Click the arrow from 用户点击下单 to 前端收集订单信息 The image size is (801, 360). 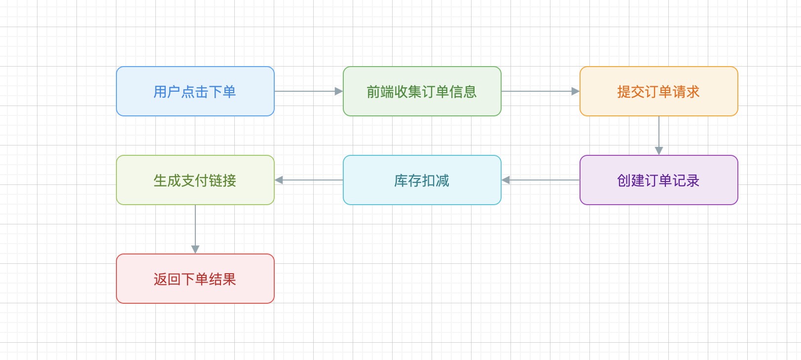click(x=306, y=91)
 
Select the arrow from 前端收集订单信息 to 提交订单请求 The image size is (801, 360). click(x=538, y=91)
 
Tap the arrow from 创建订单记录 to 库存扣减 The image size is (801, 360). click(x=543, y=180)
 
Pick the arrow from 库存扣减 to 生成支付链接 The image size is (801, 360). click(x=311, y=180)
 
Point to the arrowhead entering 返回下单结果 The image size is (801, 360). click(x=195, y=250)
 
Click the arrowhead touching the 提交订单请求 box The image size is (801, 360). click(x=575, y=91)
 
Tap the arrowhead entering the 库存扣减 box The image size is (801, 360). click(x=506, y=180)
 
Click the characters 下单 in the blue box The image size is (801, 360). click(x=222, y=92)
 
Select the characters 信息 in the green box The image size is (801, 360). click(x=463, y=92)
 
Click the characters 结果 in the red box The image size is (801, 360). click(x=222, y=279)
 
